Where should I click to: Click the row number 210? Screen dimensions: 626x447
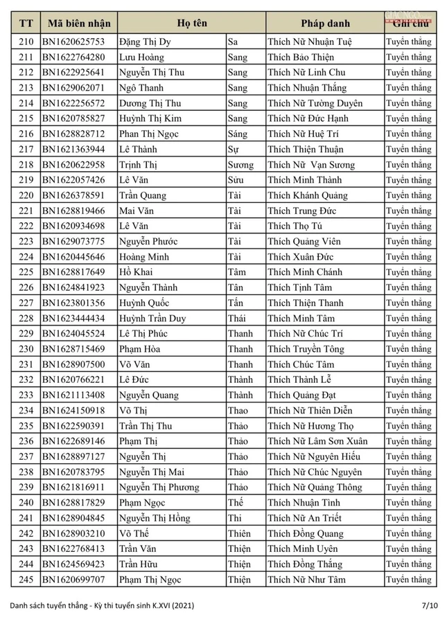(x=26, y=42)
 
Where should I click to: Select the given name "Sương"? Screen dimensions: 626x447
(x=240, y=165)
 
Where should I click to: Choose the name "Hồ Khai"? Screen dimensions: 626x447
(x=137, y=272)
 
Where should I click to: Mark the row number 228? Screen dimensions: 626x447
(x=26, y=319)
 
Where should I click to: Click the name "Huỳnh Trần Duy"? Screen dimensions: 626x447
(x=152, y=319)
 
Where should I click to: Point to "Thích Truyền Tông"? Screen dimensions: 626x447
(x=306, y=349)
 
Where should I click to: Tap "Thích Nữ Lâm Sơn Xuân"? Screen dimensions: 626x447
(x=317, y=441)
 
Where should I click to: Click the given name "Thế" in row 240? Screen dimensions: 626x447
(x=237, y=503)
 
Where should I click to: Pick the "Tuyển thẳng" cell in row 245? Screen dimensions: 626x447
(x=408, y=580)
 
